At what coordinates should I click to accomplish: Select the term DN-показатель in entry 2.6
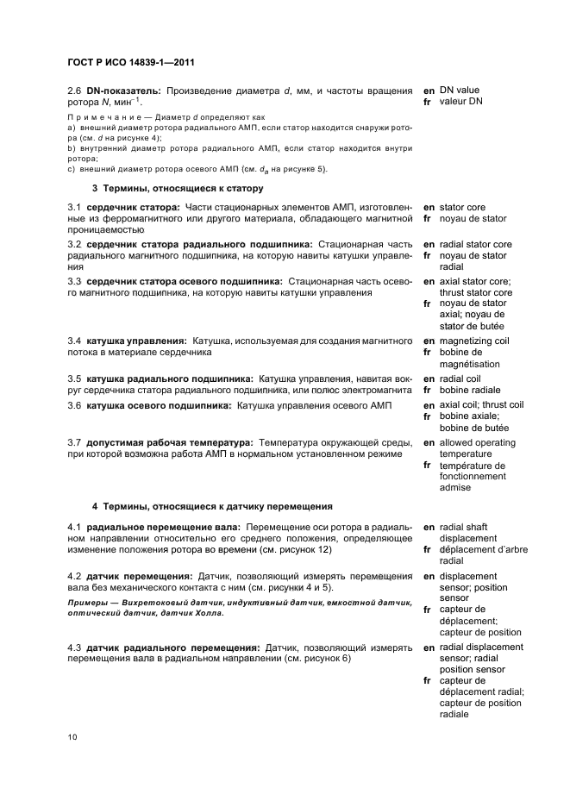click(x=125, y=91)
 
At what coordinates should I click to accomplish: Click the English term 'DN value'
click(x=459, y=90)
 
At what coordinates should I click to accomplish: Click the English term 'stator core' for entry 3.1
click(x=462, y=208)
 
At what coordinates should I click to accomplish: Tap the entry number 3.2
click(x=75, y=245)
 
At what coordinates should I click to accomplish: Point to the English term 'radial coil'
click(x=460, y=378)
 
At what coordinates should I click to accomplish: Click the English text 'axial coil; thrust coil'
click(x=481, y=404)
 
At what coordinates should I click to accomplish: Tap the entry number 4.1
click(x=75, y=527)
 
